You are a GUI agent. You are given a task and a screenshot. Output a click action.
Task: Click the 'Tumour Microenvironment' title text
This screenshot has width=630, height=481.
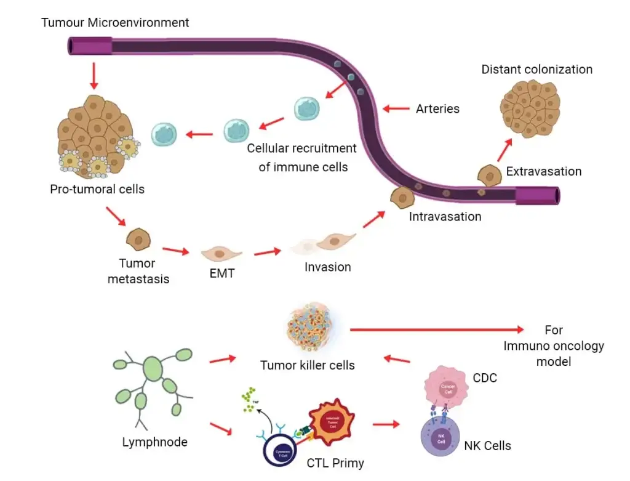[x=115, y=23]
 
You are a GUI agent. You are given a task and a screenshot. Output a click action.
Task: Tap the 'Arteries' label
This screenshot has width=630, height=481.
[x=437, y=109]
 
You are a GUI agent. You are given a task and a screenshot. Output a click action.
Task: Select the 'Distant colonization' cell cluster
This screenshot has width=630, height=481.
[x=530, y=107]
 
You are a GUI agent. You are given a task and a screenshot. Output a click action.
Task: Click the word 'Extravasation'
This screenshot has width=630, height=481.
[x=543, y=171]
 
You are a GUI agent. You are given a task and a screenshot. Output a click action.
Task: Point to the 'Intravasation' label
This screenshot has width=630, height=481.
[x=445, y=216]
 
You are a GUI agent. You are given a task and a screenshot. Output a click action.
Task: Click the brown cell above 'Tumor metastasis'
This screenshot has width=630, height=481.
[x=138, y=238]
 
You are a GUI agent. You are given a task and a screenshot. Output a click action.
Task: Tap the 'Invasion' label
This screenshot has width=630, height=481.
[x=327, y=267]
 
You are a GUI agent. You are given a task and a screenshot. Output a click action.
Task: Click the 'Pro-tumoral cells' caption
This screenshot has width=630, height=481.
[x=97, y=189]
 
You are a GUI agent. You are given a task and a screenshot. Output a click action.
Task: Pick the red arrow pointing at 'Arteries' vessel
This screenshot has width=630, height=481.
[x=396, y=109]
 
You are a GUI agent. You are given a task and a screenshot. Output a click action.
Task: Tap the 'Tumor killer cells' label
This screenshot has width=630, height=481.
[x=308, y=365]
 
